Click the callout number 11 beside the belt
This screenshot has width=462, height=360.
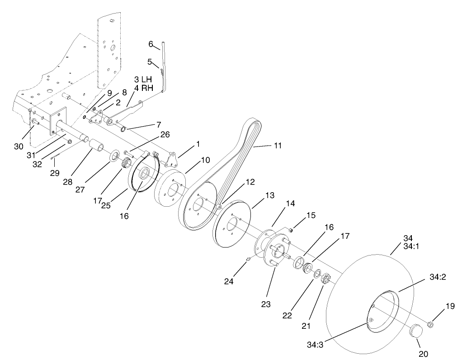coord(277,146)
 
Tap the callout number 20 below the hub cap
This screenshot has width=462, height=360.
coord(423,354)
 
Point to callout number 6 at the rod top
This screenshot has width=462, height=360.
coord(151,44)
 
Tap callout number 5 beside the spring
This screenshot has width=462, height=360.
coord(150,62)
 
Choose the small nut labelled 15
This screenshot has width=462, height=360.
coord(291,230)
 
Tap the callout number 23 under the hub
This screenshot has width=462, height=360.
coord(266,304)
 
